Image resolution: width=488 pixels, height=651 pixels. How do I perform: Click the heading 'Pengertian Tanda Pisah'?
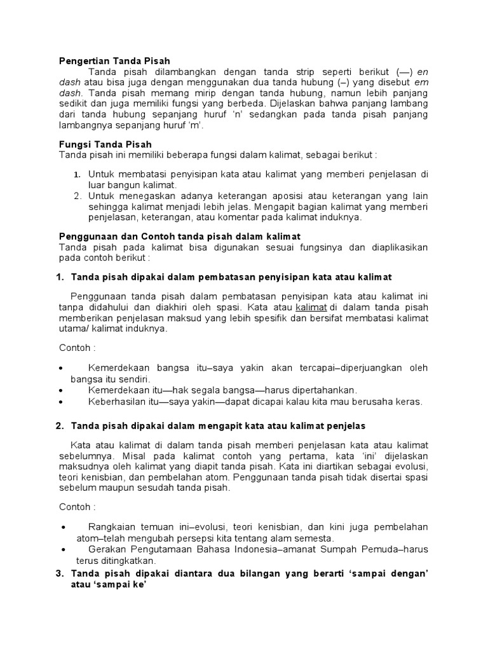click(114, 61)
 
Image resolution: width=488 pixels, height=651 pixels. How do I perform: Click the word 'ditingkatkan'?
click(128, 560)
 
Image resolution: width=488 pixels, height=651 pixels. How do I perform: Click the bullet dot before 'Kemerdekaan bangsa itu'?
click(61, 368)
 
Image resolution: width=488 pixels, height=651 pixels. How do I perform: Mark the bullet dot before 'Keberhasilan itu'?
click(61, 401)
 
